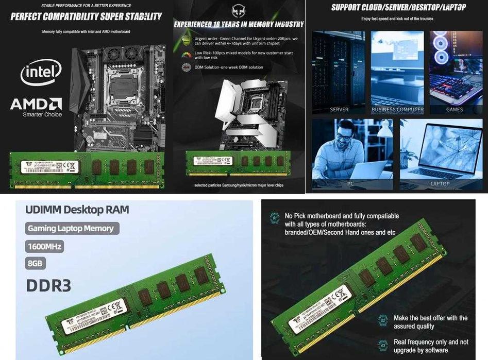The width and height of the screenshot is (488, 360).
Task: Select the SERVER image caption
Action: pos(339,110)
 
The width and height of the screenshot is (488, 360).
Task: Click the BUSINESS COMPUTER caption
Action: pos(397,110)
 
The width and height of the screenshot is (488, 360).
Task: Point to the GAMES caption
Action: pos(455,110)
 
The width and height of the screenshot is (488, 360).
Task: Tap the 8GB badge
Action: pos(35,264)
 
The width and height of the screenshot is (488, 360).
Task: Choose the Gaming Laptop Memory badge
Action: pos(71,228)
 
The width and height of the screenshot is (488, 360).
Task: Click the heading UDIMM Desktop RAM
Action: pos(77,210)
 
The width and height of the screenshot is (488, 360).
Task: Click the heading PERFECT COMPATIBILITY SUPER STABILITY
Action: pos(86,16)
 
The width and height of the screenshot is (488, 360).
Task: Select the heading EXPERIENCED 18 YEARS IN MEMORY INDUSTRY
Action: pos(239,24)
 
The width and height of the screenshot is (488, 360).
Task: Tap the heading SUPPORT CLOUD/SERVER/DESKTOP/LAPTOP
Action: pos(398,7)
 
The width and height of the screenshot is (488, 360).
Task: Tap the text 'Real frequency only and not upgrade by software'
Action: pos(431,346)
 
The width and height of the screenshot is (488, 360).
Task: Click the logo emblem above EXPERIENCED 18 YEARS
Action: pos(238,10)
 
